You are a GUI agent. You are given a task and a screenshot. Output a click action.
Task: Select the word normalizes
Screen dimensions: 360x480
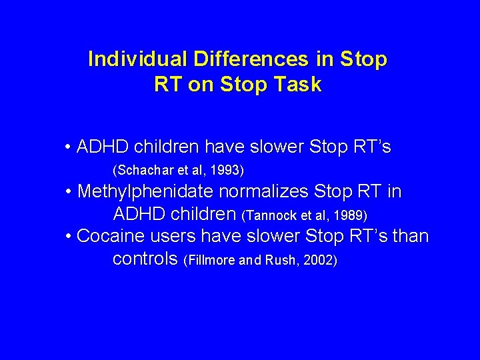(x=261, y=192)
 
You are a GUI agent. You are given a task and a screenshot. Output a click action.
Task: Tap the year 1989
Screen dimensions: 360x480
(x=351, y=216)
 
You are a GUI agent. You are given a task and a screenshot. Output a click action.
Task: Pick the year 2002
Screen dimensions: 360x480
(x=319, y=260)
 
